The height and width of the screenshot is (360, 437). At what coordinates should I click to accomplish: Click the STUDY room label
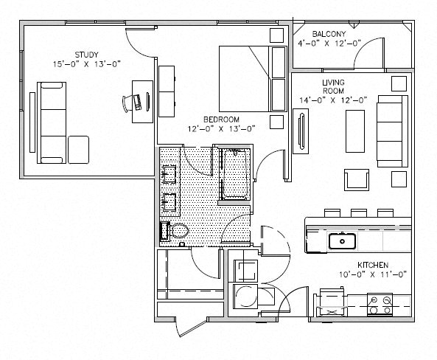coord(86,55)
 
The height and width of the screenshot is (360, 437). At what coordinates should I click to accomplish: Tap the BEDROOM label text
coord(221,120)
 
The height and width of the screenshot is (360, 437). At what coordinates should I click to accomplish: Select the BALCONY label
coord(329,34)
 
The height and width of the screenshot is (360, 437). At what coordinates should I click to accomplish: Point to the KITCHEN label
coord(373,265)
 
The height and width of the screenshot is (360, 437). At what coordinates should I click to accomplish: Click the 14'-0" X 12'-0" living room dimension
coord(333,100)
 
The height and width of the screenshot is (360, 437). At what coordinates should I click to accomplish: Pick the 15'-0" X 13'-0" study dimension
coord(87,64)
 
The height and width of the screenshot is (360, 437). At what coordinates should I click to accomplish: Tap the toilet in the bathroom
coord(175,231)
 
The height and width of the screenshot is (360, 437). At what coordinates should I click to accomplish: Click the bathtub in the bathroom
coord(235,174)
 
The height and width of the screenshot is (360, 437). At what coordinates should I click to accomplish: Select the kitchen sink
coord(342,241)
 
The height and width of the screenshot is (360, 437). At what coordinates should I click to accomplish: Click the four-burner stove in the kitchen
coord(380,305)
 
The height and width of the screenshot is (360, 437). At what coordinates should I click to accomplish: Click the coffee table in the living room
coord(355,131)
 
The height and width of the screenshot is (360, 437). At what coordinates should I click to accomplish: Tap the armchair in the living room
coord(357,180)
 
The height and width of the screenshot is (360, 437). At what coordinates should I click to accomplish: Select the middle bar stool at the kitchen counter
coord(359,212)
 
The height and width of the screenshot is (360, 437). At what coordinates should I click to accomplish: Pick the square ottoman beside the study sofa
coord(78,150)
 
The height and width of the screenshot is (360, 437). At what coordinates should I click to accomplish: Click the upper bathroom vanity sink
coord(169,174)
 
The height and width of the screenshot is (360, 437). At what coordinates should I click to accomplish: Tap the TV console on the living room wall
coord(301,131)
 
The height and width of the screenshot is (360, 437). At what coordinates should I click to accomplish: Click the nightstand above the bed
coord(276,35)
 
